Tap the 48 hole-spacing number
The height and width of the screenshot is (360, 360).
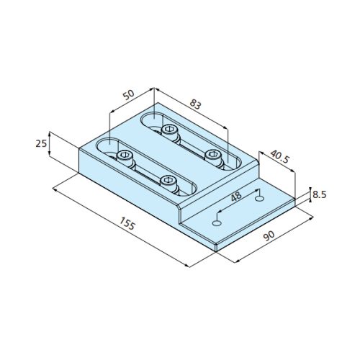(235, 197)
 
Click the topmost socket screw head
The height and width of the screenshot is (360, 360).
(170, 130)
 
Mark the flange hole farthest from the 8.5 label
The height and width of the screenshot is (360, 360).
(214, 222)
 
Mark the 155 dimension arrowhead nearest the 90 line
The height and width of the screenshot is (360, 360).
(189, 266)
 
